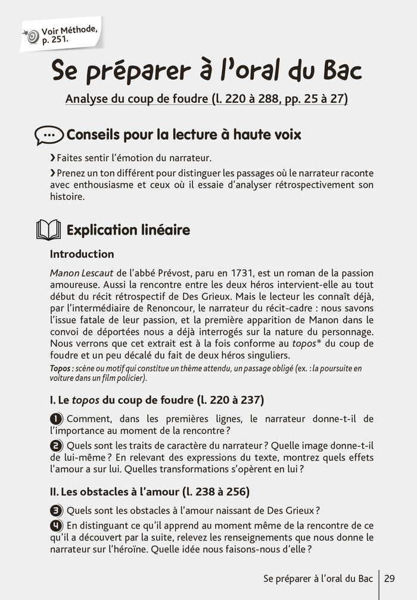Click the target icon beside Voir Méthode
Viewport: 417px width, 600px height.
(x=32, y=36)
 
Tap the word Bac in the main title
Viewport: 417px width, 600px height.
(x=338, y=71)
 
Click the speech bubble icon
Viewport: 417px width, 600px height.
(x=49, y=135)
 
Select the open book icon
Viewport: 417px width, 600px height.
(x=49, y=230)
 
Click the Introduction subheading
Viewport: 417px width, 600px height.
(x=82, y=254)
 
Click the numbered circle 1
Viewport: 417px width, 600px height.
(x=55, y=419)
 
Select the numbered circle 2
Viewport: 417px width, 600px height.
(x=55, y=446)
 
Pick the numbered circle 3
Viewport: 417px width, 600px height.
(x=55, y=510)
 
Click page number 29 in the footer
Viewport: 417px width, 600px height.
(x=390, y=578)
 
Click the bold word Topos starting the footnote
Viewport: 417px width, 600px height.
(x=61, y=368)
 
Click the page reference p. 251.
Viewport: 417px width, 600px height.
(x=55, y=40)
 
